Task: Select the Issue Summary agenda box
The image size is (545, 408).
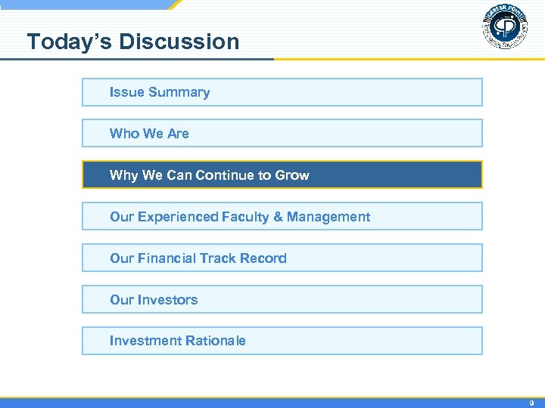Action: (x=282, y=92)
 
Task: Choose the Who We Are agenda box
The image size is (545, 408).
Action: (x=282, y=134)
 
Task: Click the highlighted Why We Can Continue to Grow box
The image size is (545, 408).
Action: (x=282, y=175)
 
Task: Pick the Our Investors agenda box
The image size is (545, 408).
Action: (x=282, y=300)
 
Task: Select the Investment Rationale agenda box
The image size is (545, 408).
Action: (x=282, y=341)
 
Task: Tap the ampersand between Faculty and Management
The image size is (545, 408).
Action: (x=278, y=217)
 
